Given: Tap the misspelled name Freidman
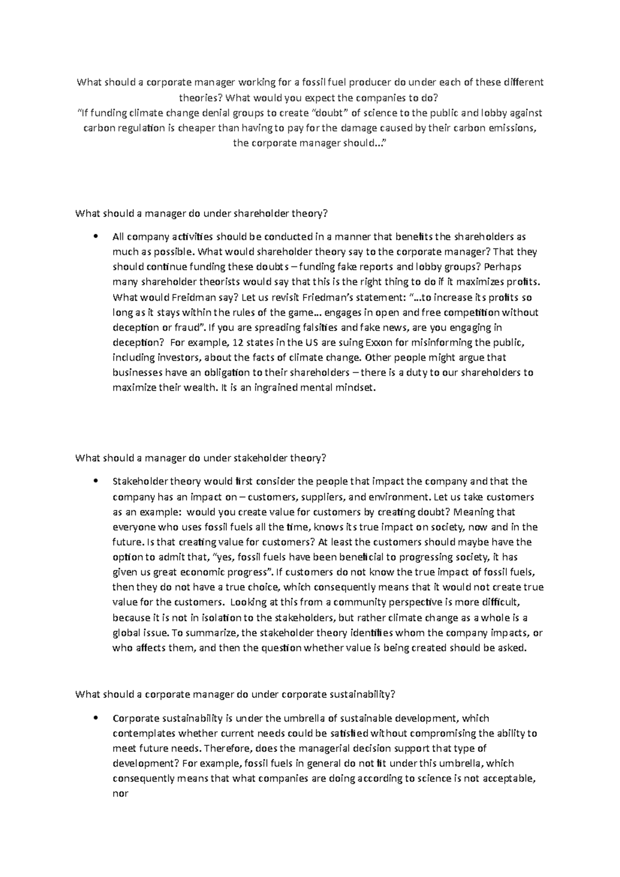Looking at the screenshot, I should (x=176, y=297).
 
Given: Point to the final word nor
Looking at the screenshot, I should (x=120, y=793).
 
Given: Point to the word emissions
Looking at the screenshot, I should (x=511, y=129).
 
